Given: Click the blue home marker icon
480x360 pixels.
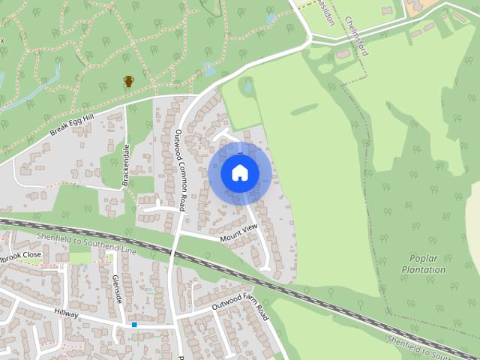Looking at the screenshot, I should (240, 173).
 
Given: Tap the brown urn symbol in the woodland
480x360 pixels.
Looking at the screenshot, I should (128, 81).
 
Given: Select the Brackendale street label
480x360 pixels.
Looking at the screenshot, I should (126, 164).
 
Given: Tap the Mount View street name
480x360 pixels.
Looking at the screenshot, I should (238, 232).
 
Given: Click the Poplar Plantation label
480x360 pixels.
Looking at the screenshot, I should (423, 264).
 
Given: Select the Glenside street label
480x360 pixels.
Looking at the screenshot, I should (117, 289).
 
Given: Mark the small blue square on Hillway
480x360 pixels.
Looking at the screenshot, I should (134, 325).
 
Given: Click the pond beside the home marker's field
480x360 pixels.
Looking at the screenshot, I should (247, 86).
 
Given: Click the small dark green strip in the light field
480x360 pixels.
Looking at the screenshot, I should (304, 110).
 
